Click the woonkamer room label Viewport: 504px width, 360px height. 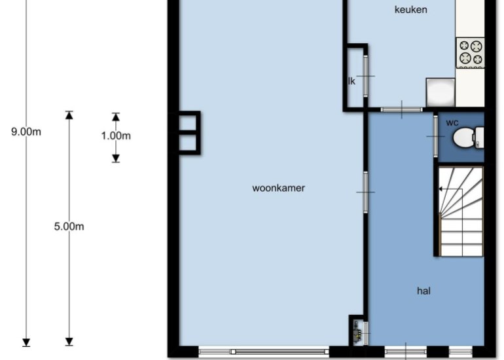278,188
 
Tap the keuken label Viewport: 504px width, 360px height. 411,10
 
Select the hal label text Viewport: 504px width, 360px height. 423,291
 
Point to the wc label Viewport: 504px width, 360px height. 452,123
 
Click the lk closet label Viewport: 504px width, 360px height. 352,81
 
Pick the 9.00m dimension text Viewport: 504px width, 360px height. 26,132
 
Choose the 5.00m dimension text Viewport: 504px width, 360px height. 69,226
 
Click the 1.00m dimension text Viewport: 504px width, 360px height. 116,135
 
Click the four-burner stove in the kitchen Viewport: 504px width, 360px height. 470,53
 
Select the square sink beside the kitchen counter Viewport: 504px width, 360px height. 441,92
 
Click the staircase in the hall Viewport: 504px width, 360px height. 461,211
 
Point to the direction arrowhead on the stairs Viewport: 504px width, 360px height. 441,189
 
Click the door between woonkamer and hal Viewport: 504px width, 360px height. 366,192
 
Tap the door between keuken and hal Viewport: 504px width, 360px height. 402,109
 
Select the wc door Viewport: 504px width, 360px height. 436,136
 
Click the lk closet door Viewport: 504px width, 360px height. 366,76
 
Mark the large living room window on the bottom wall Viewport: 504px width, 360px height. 264,351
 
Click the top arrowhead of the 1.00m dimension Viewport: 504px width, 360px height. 116,117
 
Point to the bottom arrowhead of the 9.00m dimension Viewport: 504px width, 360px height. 26,342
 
